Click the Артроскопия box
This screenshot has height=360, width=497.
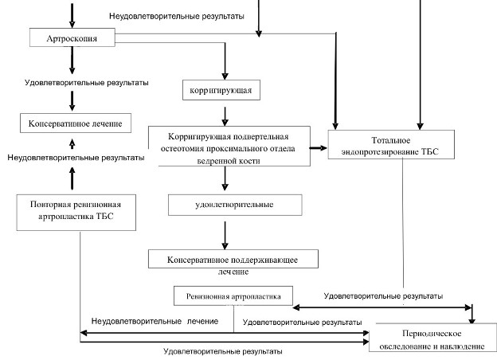[x=72, y=37]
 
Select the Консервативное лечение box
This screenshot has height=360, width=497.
[x=72, y=123]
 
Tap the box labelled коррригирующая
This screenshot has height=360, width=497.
[x=221, y=90]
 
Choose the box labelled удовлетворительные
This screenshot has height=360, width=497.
[x=234, y=205]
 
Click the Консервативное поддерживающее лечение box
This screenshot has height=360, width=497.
[x=233, y=260]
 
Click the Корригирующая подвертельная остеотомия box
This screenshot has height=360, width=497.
[x=229, y=147]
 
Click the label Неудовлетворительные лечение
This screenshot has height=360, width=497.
[x=155, y=320]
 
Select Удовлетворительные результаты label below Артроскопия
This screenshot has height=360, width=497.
[x=75, y=82]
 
